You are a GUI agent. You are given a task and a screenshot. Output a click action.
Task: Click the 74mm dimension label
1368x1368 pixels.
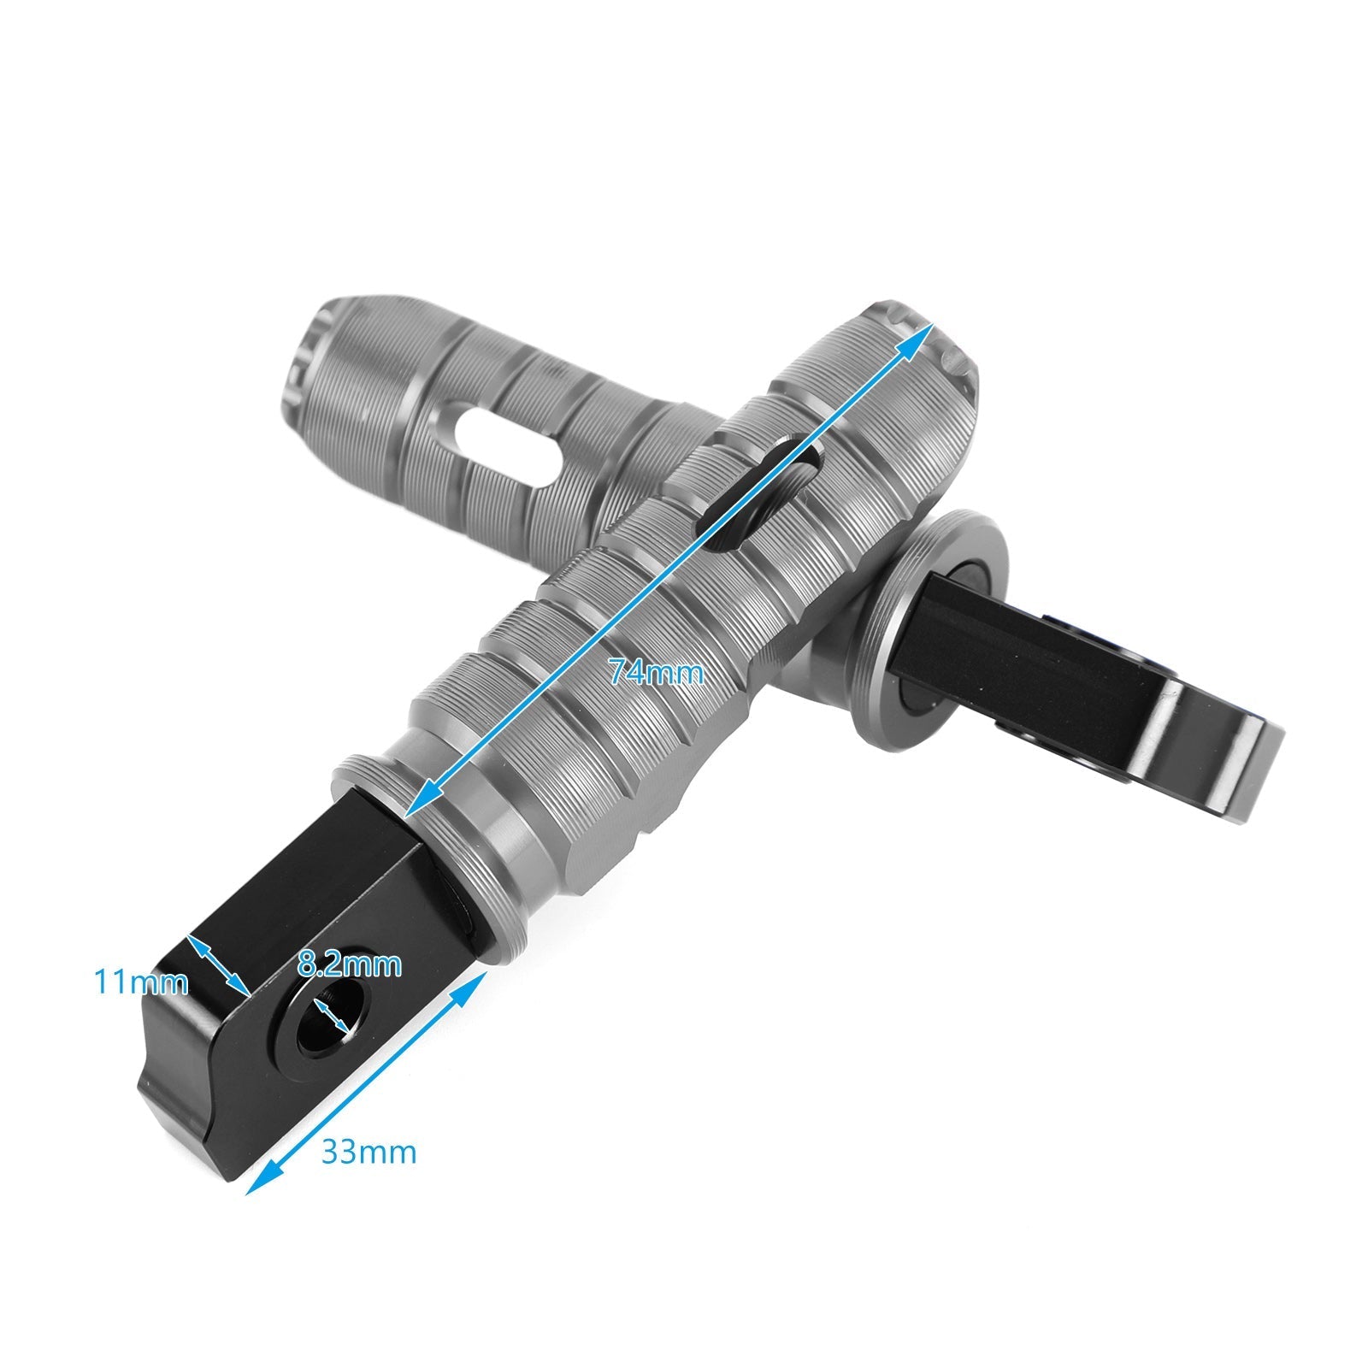coord(656,674)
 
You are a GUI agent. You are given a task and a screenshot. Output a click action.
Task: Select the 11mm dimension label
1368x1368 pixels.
coord(140,982)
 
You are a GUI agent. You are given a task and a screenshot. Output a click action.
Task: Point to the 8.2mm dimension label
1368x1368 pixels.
coord(349,965)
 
